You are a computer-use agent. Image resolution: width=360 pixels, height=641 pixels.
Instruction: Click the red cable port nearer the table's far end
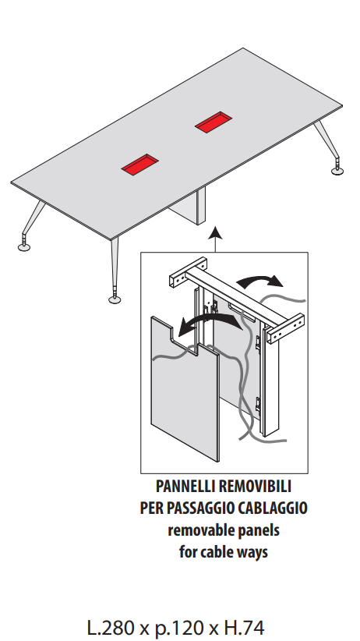tap(214, 122)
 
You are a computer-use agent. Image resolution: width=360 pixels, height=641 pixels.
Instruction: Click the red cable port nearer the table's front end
tap(139, 165)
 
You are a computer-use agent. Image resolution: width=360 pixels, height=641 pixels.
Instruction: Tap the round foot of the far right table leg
tap(337, 171)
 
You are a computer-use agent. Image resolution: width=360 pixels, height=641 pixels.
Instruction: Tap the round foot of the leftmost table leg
tap(24, 247)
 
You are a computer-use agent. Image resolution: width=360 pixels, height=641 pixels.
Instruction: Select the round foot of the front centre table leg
tap(115, 299)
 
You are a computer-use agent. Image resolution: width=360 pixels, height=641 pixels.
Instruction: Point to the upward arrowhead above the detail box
tap(215, 233)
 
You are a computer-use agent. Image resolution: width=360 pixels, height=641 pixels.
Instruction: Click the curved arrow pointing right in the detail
tap(260, 282)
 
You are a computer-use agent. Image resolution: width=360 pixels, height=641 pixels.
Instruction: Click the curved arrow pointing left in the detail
tap(208, 324)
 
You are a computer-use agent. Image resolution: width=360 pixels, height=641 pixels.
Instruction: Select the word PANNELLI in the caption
tap(185, 487)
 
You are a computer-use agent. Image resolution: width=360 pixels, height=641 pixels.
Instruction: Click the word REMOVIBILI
tap(255, 487)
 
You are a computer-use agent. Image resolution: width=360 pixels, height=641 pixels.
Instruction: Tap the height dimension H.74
tap(245, 628)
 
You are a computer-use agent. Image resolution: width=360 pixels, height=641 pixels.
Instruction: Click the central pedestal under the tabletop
tap(190, 207)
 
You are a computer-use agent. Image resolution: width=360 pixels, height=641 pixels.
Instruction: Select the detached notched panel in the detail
tap(185, 388)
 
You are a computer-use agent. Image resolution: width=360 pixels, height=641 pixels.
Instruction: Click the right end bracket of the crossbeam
tap(286, 328)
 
